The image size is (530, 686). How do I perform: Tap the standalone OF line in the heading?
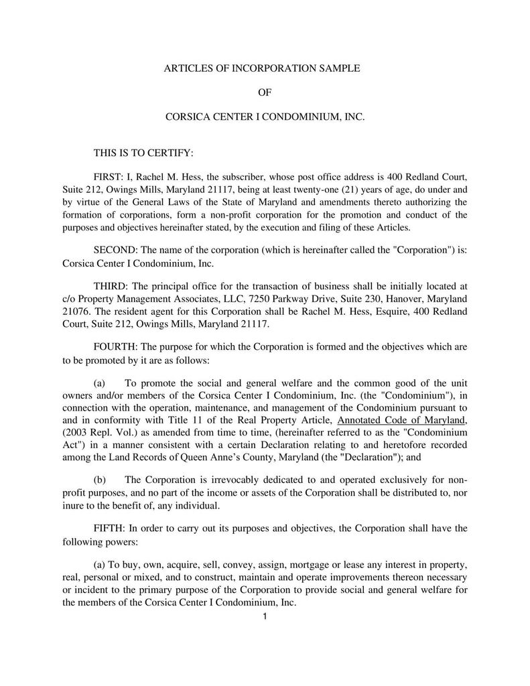pyautogui.click(x=265, y=92)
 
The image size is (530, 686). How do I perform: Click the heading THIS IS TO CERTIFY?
pyautogui.click(x=143, y=153)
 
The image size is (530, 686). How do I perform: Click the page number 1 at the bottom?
pyautogui.click(x=265, y=616)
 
